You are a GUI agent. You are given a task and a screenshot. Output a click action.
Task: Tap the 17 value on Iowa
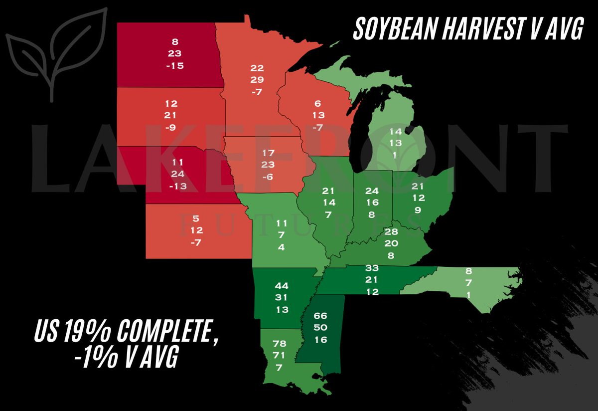click(x=268, y=152)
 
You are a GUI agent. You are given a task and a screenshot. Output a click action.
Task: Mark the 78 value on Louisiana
click(x=280, y=343)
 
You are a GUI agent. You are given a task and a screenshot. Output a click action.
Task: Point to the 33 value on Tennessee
click(x=372, y=268)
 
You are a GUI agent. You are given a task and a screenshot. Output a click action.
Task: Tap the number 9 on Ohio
click(x=417, y=210)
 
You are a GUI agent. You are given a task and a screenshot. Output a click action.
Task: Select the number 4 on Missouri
click(x=281, y=247)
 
